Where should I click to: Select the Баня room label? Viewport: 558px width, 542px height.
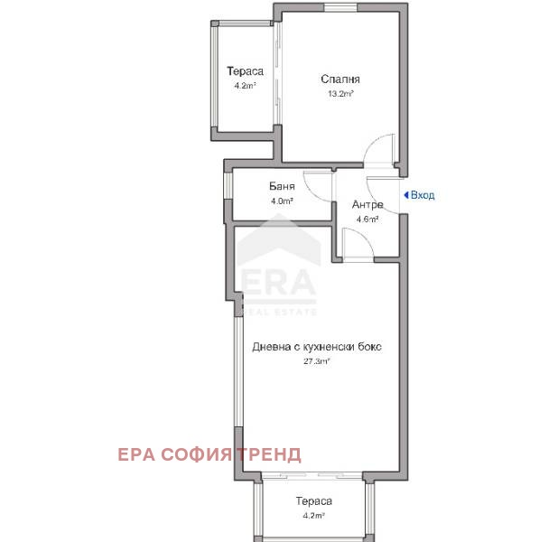click(282, 187)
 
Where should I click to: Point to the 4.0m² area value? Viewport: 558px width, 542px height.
click(282, 201)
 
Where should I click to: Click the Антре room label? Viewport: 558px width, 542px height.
click(367, 204)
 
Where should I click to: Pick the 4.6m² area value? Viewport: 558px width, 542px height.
click(366, 219)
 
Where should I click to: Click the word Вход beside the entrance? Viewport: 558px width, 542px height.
click(423, 195)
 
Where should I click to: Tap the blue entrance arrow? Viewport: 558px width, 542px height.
click(406, 195)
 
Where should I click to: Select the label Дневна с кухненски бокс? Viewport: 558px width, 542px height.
click(311, 346)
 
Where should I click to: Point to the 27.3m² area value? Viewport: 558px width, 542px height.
click(315, 360)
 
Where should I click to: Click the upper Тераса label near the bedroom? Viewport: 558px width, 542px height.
click(245, 71)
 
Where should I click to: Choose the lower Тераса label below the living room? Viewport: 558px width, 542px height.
click(314, 501)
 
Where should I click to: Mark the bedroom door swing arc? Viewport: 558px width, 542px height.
click(380, 150)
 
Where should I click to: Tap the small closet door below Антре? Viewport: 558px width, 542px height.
click(358, 244)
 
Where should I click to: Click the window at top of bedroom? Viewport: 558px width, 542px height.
click(339, 8)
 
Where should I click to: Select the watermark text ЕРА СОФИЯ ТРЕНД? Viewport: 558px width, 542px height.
click(209, 454)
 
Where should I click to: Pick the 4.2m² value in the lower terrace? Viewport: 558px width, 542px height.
click(313, 516)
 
